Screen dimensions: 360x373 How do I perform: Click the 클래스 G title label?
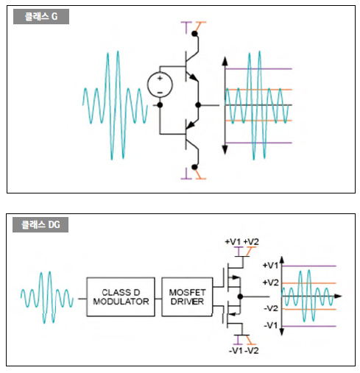pos(41,16)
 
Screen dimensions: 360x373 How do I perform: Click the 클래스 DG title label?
pos(40,224)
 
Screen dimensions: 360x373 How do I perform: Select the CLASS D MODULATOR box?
pos(121,297)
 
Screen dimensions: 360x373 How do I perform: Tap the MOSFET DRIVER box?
pos(187,297)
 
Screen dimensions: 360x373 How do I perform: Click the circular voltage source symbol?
pos(160,85)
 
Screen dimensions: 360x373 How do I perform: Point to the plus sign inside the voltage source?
pos(160,79)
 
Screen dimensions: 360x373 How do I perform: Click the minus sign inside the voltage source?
pos(160,93)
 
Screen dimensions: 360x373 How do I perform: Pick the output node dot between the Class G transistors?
pos(198,105)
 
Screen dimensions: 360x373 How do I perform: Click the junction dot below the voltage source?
pos(160,105)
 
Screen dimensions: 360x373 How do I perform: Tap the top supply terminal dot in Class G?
pos(194,34)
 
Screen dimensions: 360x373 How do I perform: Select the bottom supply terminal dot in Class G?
pos(194,167)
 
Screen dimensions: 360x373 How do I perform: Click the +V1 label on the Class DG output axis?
pos(270,266)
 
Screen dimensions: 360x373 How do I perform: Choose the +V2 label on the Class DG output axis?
pos(270,283)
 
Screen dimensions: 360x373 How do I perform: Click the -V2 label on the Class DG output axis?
pos(271,308)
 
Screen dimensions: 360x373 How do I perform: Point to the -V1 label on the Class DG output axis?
pos(271,325)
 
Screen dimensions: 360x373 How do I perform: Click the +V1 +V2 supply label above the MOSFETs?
pos(242,242)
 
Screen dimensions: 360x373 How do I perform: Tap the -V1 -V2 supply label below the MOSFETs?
pos(244,351)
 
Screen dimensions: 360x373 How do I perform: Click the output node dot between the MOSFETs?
pos(240,296)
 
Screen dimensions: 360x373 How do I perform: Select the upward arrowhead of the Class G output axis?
pos(225,61)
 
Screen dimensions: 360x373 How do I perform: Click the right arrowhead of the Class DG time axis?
pos(338,296)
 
